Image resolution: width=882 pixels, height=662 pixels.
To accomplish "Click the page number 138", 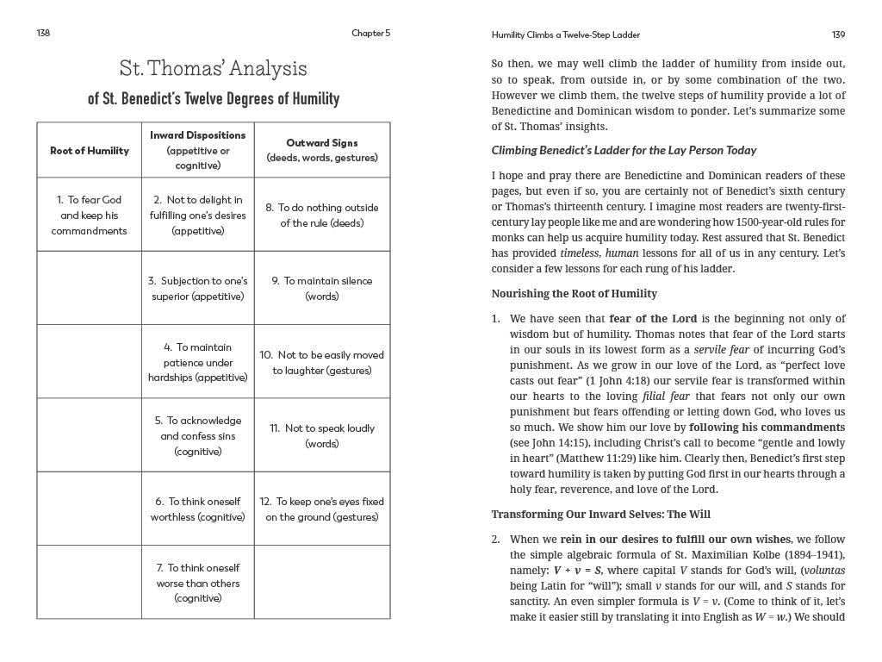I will click(44, 34).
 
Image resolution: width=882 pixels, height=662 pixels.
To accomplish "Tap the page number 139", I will click(838, 34).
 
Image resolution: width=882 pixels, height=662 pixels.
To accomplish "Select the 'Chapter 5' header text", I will click(370, 34).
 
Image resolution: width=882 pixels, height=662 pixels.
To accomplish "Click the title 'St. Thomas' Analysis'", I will click(213, 69).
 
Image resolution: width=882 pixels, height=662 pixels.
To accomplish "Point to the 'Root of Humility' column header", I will click(90, 151).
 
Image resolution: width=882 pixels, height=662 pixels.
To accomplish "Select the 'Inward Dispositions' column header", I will click(197, 135).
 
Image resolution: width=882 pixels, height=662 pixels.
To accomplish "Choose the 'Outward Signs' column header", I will click(322, 143).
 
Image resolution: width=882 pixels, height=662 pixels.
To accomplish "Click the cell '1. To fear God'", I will click(90, 215).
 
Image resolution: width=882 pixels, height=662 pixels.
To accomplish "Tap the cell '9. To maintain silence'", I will click(322, 288).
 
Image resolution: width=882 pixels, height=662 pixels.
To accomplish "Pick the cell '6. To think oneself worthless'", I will click(197, 509).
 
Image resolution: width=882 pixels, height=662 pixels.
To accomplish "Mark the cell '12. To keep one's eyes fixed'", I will click(322, 509).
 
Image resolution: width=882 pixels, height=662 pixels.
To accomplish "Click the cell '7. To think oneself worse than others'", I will click(197, 583).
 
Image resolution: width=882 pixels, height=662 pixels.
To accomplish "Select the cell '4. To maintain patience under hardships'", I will click(197, 362).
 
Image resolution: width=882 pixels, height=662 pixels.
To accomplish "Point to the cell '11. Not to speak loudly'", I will click(322, 435).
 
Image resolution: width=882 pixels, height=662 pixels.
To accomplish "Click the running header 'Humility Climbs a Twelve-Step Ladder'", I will click(565, 34).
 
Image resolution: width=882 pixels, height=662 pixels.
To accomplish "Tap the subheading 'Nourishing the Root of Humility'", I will click(574, 294).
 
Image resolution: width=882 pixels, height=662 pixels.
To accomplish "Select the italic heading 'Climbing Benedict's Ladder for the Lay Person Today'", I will click(624, 150).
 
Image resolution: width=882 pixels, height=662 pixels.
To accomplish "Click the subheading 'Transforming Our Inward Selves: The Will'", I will click(600, 515).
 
